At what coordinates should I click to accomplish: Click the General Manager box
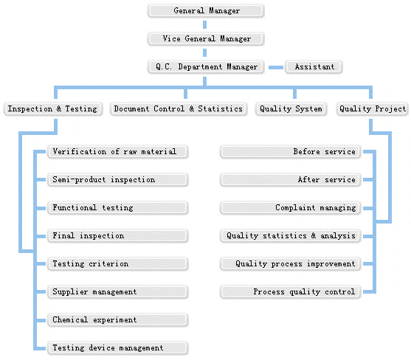[x=206, y=11]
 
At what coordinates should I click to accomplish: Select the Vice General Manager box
[x=206, y=39]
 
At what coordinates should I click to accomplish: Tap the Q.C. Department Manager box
[x=206, y=67]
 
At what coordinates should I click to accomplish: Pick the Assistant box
[x=314, y=67]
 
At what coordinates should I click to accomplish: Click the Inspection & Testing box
[x=52, y=108]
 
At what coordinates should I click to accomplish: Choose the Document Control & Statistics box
[x=179, y=108]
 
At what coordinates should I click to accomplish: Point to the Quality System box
[x=291, y=108]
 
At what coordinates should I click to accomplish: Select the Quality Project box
[x=372, y=108]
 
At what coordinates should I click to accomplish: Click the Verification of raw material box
[x=117, y=152]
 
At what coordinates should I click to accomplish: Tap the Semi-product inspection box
[x=117, y=180]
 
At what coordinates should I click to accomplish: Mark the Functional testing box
[x=117, y=208]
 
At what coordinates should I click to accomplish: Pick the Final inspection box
[x=117, y=236]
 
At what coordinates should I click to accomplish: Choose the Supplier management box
[x=117, y=292]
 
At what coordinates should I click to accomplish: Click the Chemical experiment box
[x=117, y=320]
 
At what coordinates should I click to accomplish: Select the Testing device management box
[x=117, y=348]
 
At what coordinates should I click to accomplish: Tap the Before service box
[x=291, y=152]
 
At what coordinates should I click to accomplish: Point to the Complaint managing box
[x=291, y=208]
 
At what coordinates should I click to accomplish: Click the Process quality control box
[x=291, y=292]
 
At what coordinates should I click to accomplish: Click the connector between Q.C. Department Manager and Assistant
[x=276, y=67]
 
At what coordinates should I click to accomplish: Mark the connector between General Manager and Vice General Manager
[x=204, y=25]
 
